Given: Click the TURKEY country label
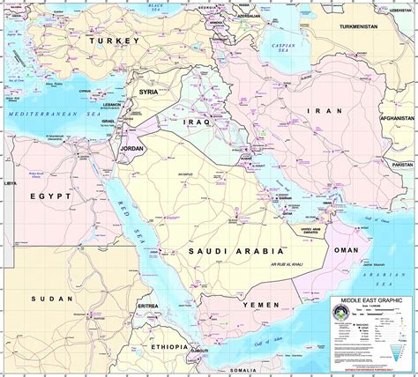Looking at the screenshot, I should coord(115,41).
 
